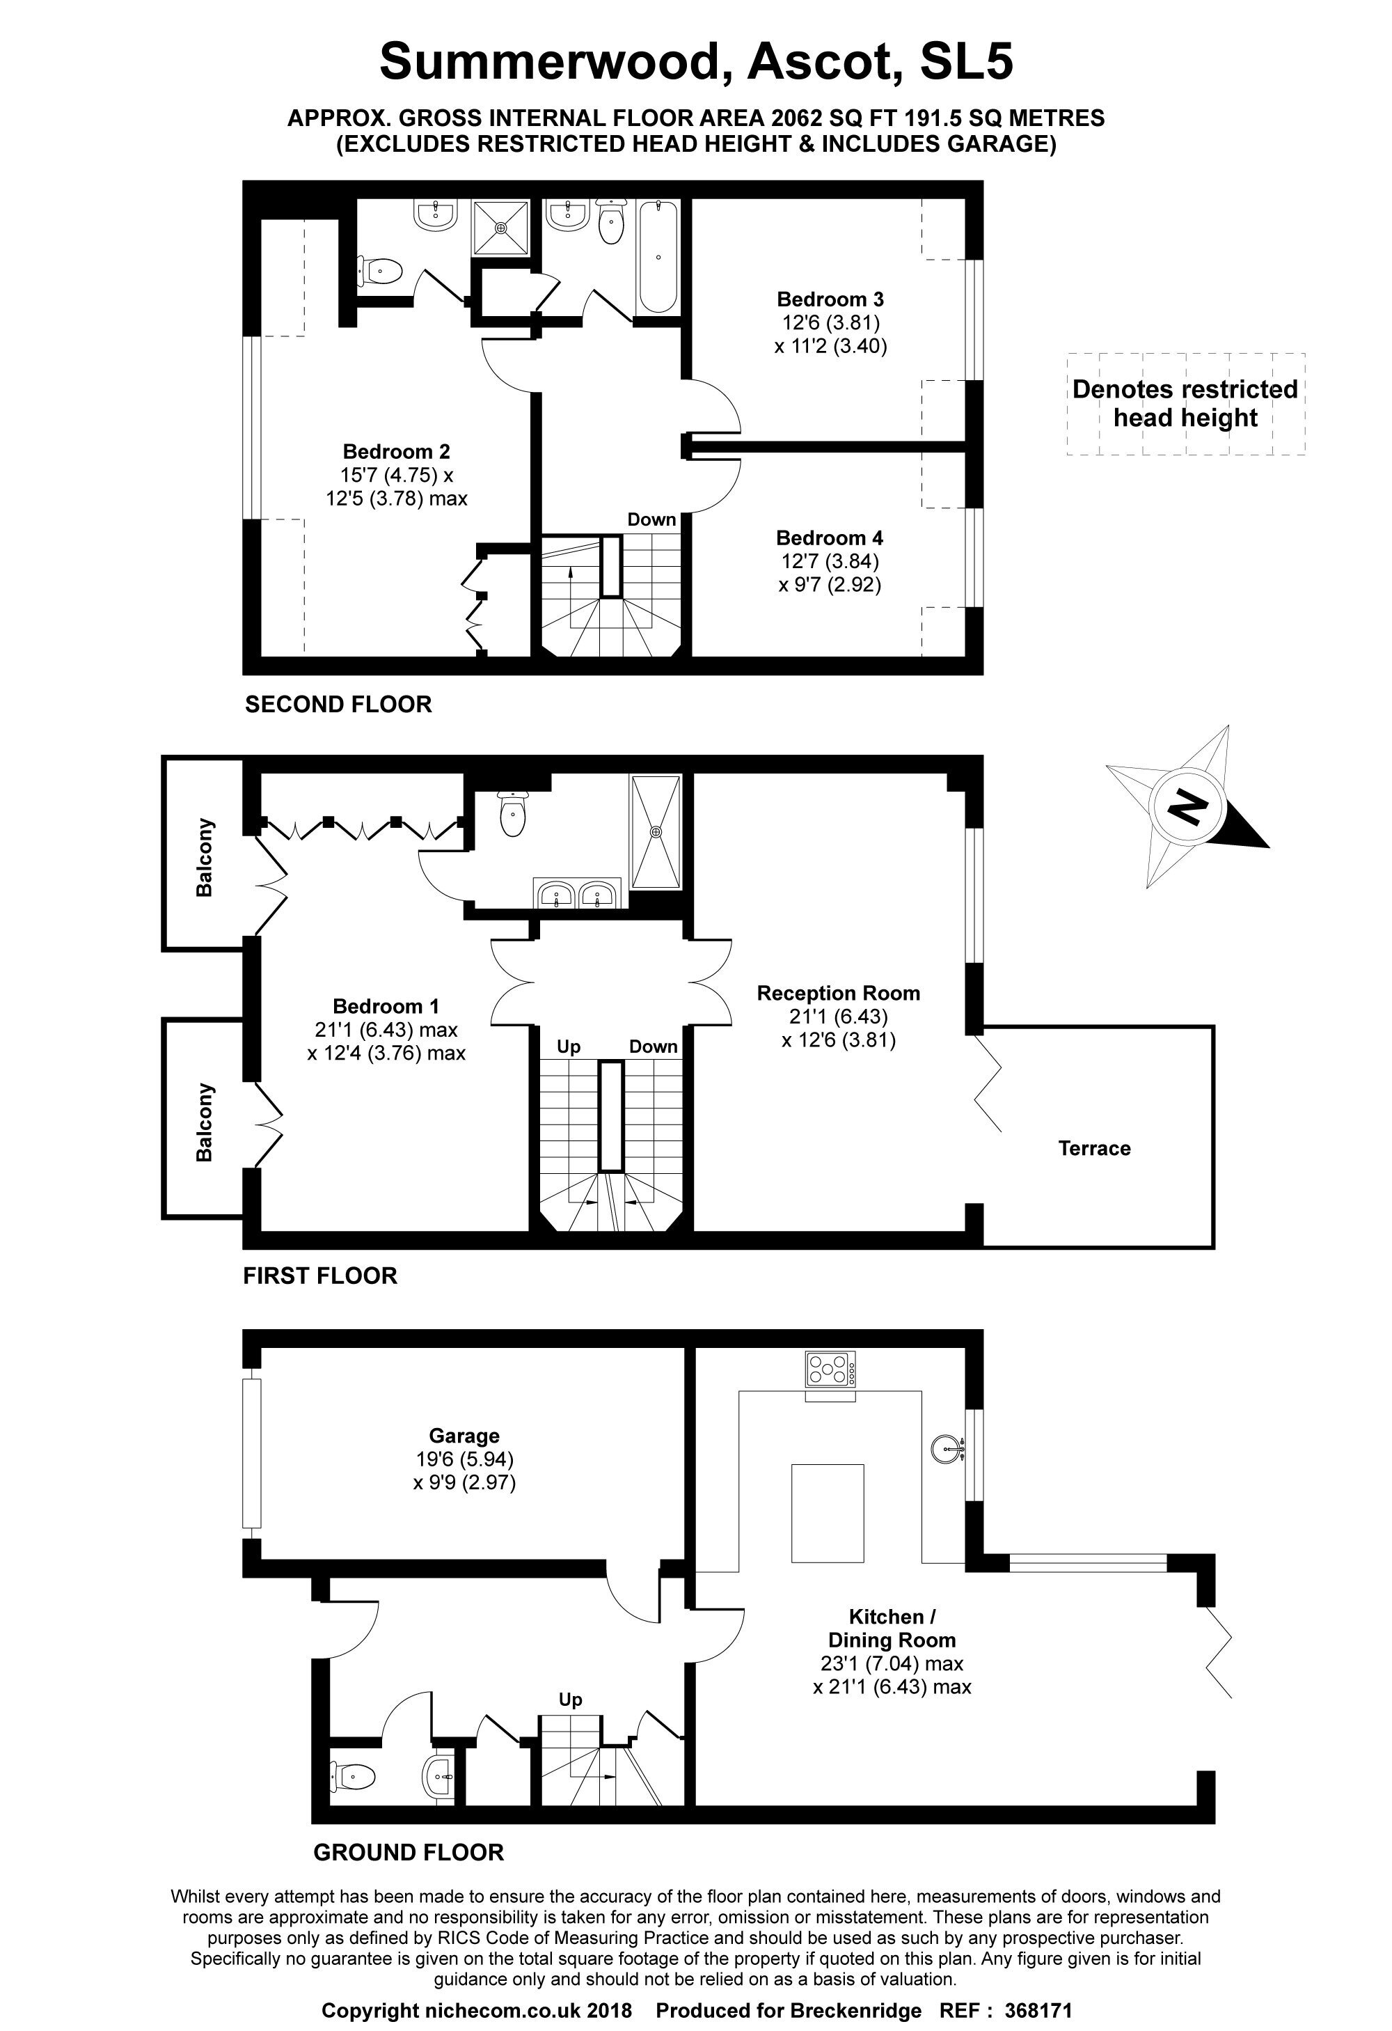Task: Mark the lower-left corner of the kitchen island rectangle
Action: (791, 1562)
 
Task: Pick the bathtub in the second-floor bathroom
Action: (658, 257)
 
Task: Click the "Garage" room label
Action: (464, 1436)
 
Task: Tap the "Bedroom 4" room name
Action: (829, 538)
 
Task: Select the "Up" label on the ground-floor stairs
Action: (571, 1699)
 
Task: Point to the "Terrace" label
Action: (1094, 1148)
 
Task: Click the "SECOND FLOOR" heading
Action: (338, 705)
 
